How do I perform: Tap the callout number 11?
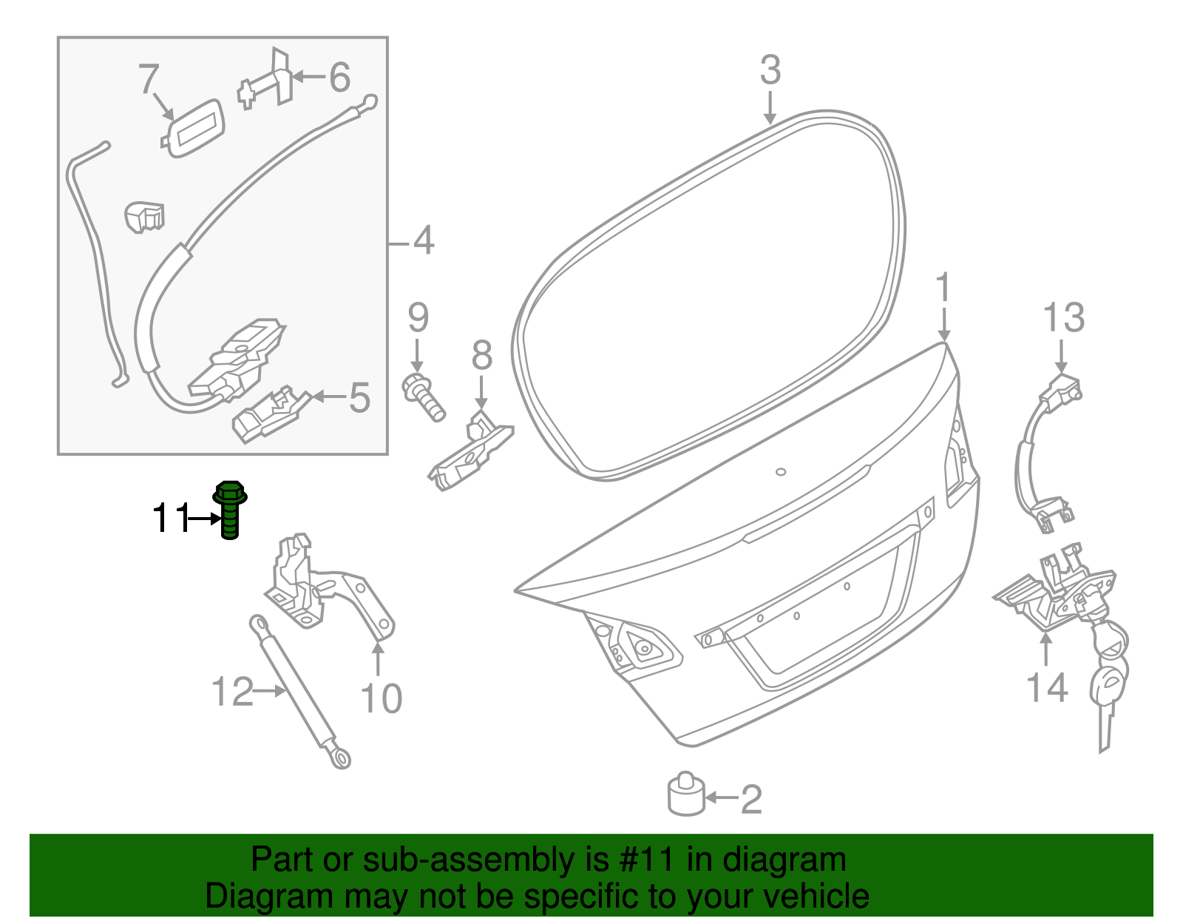pos(171,519)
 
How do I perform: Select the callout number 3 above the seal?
pos(770,70)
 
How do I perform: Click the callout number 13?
pos(1063,318)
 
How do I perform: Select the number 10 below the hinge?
pos(381,698)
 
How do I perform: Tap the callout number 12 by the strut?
pos(231,692)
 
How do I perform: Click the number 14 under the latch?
pos(1047,688)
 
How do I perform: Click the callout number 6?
pos(339,77)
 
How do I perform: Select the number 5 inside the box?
pos(359,398)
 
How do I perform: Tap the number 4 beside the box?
pos(424,241)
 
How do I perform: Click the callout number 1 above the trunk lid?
pos(943,289)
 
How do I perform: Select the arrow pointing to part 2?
pos(721,797)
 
